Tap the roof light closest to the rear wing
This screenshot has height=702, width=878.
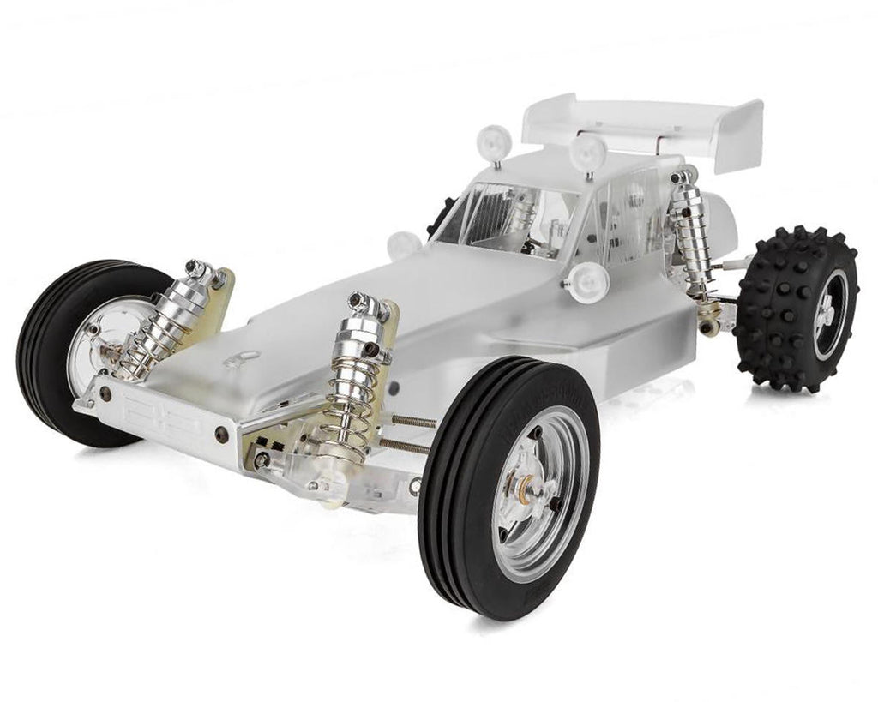tap(588, 152)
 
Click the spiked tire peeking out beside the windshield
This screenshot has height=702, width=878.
tap(442, 214)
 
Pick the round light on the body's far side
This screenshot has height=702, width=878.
tap(403, 245)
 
